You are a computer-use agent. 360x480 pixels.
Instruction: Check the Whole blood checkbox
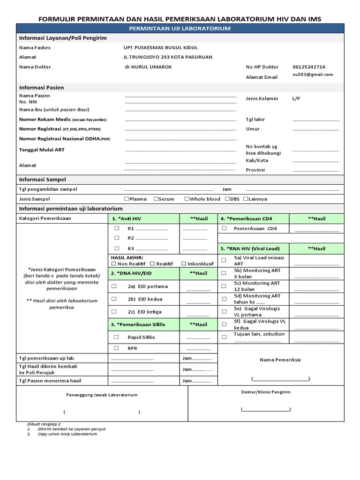tap(187, 199)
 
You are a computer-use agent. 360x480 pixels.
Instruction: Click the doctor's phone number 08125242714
tap(309, 67)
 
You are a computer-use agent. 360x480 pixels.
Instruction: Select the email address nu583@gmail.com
tap(313, 75)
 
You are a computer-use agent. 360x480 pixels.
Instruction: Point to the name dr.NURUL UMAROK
tap(145, 67)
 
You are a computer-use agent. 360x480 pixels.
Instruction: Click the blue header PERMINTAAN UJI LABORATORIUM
tap(180, 29)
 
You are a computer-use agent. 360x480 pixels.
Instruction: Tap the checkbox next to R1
tap(116, 228)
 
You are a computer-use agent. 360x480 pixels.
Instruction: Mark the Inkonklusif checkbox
tap(184, 264)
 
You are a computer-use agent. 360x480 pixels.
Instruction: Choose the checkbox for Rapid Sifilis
tap(116, 337)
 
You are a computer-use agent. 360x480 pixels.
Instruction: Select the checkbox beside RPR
tap(116, 348)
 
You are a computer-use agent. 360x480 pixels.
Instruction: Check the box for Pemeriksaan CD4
tap(224, 228)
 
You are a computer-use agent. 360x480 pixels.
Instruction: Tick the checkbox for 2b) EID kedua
tap(114, 299)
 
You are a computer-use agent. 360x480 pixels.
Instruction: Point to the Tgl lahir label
tap(255, 120)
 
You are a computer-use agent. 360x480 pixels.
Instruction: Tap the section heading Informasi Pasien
tap(42, 87)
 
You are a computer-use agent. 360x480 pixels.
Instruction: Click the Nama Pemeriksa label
tap(281, 360)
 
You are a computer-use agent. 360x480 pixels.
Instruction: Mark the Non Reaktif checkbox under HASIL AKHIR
tap(114, 264)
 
